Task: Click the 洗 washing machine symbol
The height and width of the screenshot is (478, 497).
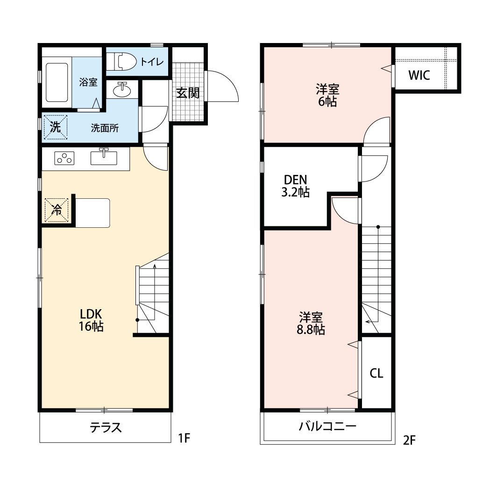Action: [x=56, y=128]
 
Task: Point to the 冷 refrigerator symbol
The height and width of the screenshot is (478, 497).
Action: [x=57, y=210]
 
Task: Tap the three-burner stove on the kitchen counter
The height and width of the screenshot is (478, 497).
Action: [x=65, y=159]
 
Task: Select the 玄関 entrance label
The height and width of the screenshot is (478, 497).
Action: [x=188, y=93]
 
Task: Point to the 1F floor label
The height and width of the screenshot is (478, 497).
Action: [x=184, y=438]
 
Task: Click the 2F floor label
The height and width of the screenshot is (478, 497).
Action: [x=409, y=440]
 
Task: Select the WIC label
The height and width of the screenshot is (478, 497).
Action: [x=419, y=76]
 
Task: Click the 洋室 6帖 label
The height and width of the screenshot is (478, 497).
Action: [x=327, y=95]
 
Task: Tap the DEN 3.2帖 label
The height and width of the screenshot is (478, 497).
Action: [x=295, y=186]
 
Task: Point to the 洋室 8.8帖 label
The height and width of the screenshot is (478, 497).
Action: [x=311, y=323]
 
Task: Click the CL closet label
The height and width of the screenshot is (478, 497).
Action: [x=376, y=373]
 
